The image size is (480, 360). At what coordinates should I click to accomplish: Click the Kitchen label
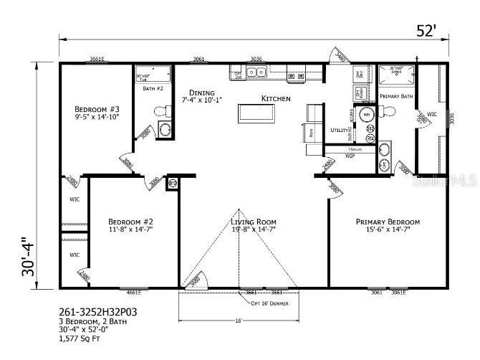coord(276,98)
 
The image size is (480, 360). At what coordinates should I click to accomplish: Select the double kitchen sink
coord(256,72)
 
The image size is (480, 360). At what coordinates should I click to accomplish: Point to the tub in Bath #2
coord(153,75)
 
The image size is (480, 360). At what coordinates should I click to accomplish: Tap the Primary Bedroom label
coord(388,222)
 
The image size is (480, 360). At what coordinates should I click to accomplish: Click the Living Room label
coord(254,222)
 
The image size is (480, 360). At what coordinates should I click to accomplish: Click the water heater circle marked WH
coord(366,114)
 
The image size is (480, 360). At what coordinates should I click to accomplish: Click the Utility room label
coord(338,130)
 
